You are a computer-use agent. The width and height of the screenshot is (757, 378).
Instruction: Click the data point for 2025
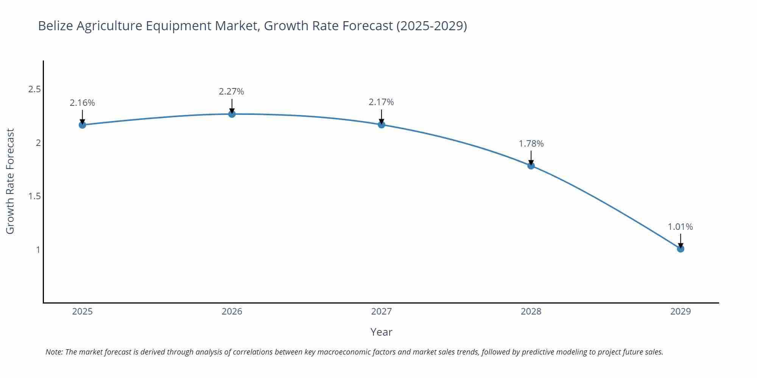[x=82, y=125]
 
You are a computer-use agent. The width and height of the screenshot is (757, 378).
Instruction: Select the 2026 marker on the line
[x=232, y=114]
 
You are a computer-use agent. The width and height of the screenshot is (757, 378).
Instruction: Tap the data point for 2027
[x=381, y=124]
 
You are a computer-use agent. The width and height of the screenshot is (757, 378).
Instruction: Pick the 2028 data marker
[x=531, y=166]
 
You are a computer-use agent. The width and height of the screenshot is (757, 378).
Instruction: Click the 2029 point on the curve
[x=680, y=249]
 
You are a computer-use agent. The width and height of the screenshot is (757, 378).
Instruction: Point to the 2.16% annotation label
[x=82, y=103]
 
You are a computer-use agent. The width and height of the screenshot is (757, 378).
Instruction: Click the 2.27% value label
[x=231, y=91]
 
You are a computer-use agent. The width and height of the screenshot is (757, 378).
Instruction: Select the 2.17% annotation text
[x=381, y=102]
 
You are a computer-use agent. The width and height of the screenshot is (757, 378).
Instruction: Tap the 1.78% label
[x=531, y=144]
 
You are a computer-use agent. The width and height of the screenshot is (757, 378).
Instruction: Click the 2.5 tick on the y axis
[x=34, y=90]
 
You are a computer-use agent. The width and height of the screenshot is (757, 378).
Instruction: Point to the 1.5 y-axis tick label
[x=34, y=196]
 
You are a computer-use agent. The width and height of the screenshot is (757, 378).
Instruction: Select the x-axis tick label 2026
[x=232, y=311]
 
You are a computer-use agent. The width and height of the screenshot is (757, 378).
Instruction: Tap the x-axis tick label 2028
[x=531, y=311]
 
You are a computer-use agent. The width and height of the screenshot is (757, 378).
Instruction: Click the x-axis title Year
[x=381, y=332]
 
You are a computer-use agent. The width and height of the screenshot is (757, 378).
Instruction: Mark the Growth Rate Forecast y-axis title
[x=10, y=181]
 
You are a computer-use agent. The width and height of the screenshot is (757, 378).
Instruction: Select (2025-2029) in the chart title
[x=431, y=26]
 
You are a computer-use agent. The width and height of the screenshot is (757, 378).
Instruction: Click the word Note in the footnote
[x=54, y=352]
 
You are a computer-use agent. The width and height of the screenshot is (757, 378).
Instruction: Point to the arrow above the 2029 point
[x=680, y=240]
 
